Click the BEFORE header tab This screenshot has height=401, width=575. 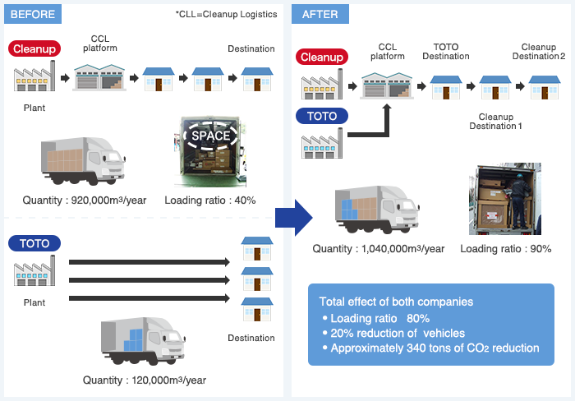(33, 14)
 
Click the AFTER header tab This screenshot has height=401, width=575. (320, 14)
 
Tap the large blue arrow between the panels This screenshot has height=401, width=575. (294, 218)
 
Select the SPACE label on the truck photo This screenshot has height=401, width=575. (211, 136)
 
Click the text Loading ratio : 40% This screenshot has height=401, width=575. (210, 200)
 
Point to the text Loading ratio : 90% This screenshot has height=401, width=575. (506, 249)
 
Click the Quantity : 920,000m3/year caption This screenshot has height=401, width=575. (85, 200)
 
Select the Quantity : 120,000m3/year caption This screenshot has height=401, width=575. (145, 380)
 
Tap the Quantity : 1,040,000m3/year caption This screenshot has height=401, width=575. (379, 249)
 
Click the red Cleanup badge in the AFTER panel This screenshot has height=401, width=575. (322, 57)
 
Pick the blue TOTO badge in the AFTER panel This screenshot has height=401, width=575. (322, 116)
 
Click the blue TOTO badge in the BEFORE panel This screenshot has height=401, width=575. (34, 243)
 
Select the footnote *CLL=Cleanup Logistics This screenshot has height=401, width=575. (226, 14)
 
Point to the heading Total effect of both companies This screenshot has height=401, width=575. (396, 302)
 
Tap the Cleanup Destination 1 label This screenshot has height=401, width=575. (496, 122)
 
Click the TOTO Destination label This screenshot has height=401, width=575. (446, 52)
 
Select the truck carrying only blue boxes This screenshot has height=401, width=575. (143, 341)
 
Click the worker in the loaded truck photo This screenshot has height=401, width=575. (520, 201)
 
